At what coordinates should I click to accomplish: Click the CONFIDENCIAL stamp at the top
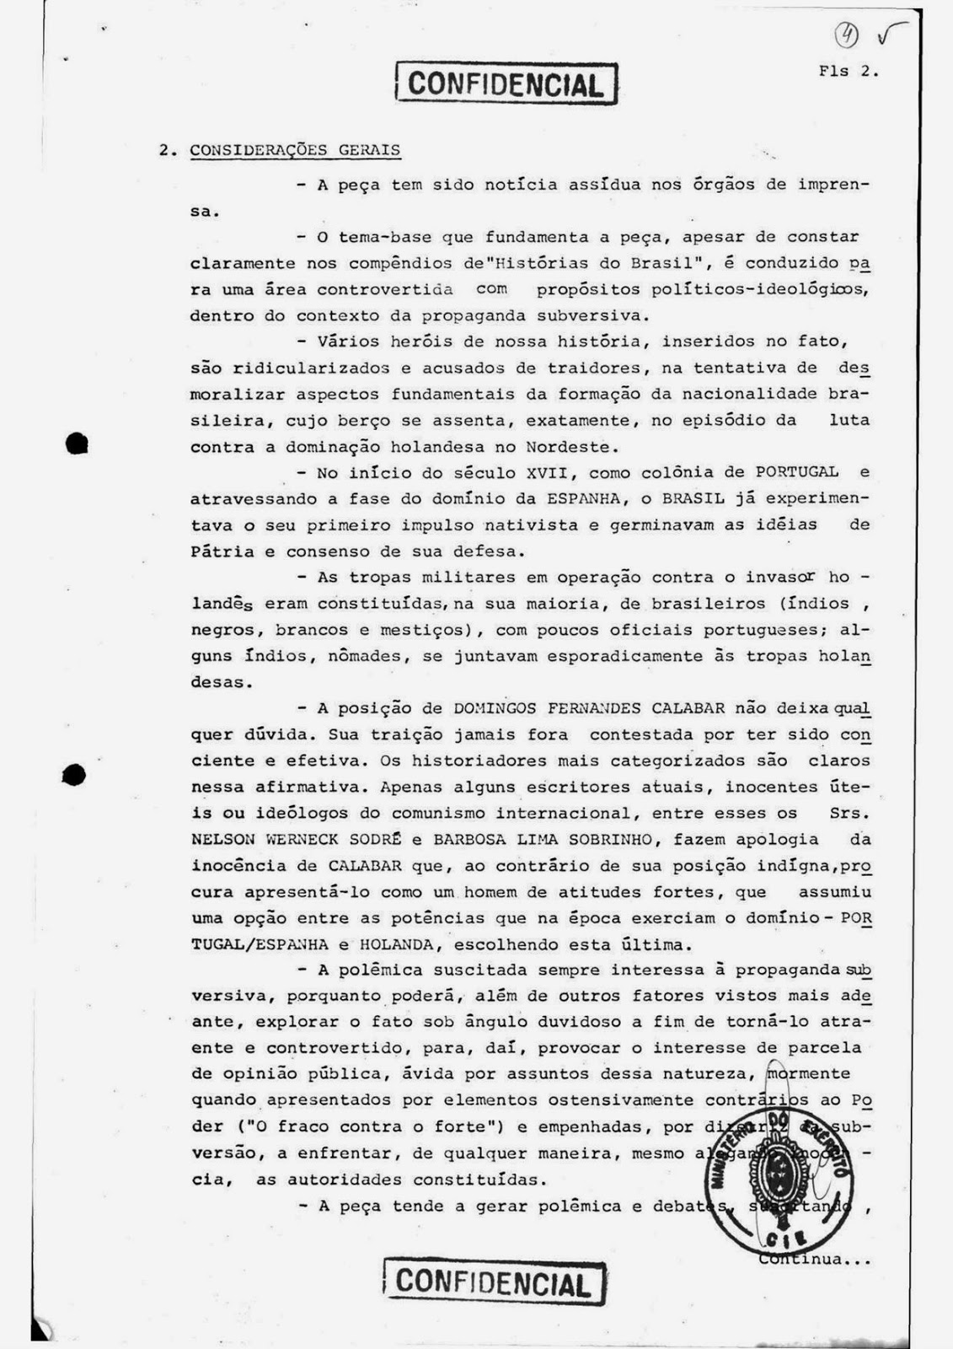(x=506, y=84)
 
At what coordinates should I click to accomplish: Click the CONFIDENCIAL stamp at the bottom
(x=494, y=1282)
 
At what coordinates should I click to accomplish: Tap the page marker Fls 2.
(x=848, y=72)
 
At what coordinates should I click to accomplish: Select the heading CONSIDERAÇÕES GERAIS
(x=295, y=151)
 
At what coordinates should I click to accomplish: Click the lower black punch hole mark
(x=75, y=774)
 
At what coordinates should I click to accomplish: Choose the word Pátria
(x=222, y=552)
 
